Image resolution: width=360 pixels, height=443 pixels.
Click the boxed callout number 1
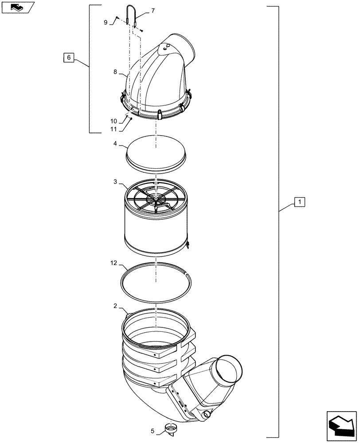pyautogui.click(x=300, y=202)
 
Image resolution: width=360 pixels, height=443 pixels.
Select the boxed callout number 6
pyautogui.click(x=68, y=57)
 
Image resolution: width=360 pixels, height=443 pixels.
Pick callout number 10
pyautogui.click(x=114, y=121)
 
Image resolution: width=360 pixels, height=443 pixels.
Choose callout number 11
pyautogui.click(x=114, y=129)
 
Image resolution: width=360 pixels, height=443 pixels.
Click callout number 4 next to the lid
pyautogui.click(x=115, y=144)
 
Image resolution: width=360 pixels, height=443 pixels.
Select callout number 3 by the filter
pyautogui.click(x=115, y=182)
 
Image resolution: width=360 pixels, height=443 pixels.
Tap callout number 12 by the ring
pyautogui.click(x=114, y=263)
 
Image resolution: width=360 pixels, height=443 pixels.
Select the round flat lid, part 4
pyautogui.click(x=156, y=152)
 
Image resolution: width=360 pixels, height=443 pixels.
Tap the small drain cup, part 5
pyautogui.click(x=169, y=429)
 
